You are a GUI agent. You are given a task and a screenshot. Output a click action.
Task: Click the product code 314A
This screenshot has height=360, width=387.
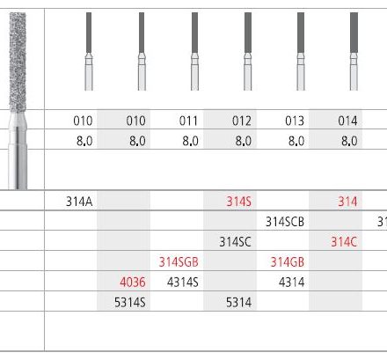tap(79, 202)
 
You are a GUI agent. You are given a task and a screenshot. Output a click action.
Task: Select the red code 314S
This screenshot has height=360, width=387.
tap(238, 202)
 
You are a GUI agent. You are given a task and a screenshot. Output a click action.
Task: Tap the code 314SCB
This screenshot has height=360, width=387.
tap(285, 222)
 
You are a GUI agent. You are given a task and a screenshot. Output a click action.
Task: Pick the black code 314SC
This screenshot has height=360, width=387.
tap(235, 242)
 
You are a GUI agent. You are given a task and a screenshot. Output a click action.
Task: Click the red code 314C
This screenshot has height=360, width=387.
tap(344, 242)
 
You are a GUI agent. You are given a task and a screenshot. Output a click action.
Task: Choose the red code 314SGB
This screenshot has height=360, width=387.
tap(179, 262)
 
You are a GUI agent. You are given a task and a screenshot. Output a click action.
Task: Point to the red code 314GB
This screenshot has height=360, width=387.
tap(288, 262)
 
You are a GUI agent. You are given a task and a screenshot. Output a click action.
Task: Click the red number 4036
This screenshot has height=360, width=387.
tap(133, 283)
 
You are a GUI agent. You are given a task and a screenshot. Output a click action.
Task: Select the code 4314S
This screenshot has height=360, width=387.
tap(183, 283)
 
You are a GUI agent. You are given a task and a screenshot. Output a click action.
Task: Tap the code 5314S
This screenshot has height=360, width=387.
tap(130, 302)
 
